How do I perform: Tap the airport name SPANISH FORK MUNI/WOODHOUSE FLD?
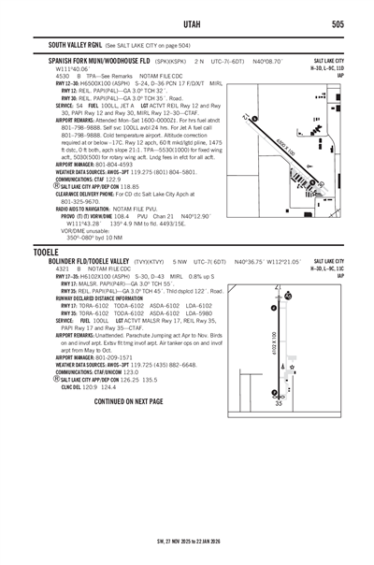110,59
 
